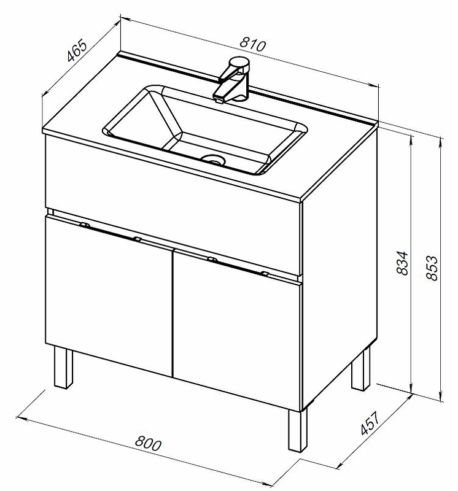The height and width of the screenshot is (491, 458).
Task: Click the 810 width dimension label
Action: pos(252,44)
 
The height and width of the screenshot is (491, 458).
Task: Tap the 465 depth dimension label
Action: pos(77,50)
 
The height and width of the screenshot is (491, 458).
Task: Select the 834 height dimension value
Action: pos(402,263)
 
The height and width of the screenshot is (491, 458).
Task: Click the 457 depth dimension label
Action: pos(370,423)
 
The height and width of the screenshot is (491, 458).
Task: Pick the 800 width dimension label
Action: pos(148,443)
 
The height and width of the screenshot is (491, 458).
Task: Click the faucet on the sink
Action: pos(232,80)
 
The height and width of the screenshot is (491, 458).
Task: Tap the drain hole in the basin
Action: pos(214,160)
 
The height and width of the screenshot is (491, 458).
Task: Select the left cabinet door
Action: pos(109,296)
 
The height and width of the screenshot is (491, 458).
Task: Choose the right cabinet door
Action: pos(237,329)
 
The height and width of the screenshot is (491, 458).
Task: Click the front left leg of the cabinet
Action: pos(63,368)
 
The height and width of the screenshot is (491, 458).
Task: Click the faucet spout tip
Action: pos(219,101)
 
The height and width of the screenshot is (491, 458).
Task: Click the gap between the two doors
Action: pos(173,313)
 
